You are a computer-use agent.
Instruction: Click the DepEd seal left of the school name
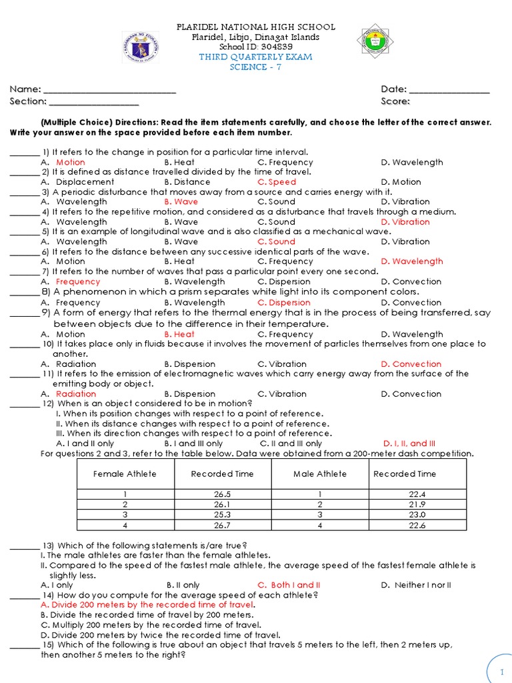140,48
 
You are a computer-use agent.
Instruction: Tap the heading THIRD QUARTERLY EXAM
256,57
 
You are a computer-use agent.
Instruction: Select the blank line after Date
449,90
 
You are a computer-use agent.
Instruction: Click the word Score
395,102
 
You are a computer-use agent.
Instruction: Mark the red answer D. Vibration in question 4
405,222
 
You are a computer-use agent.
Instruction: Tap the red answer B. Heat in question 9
179,335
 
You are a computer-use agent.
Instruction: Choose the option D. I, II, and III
409,444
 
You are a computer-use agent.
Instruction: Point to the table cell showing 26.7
222,525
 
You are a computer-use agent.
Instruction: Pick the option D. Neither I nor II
416,586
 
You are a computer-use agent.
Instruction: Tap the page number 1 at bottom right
501,672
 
